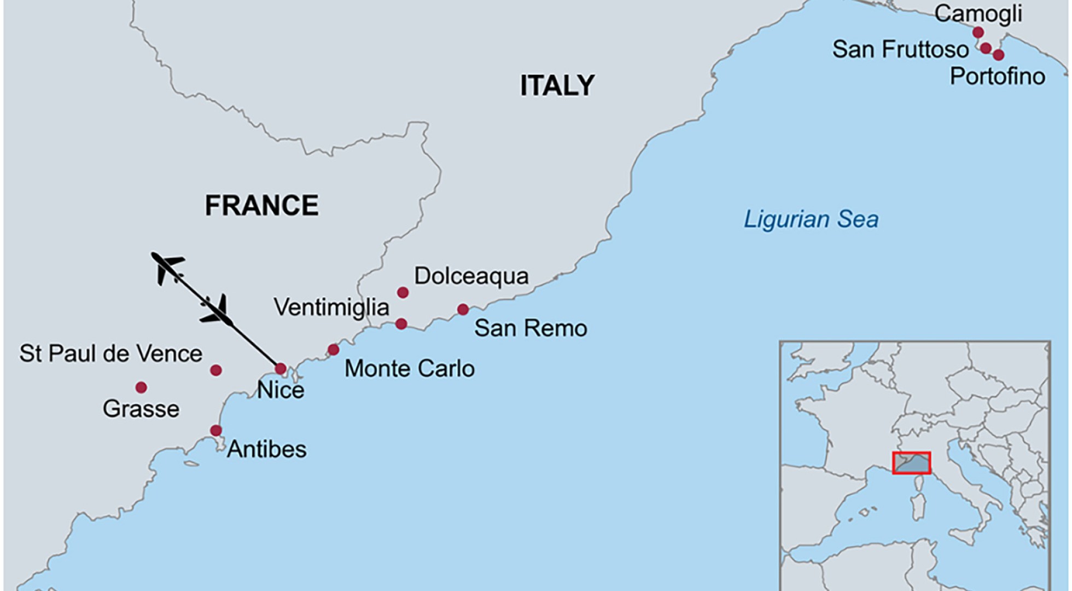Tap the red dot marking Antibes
(x=216, y=430)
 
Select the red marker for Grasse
(x=141, y=387)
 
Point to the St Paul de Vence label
(x=110, y=354)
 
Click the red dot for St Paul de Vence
(x=216, y=370)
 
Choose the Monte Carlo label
(x=409, y=369)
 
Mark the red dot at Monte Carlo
(x=333, y=350)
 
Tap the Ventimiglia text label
(x=331, y=308)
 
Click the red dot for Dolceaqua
(x=403, y=293)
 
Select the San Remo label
(x=530, y=328)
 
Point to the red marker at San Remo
(x=463, y=310)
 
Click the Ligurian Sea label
(x=811, y=219)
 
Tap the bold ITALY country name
(x=557, y=86)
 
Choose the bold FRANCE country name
(x=261, y=206)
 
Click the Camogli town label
(x=978, y=14)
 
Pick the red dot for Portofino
(x=998, y=55)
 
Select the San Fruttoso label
(x=900, y=49)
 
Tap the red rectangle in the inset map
(x=911, y=463)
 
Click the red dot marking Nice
(x=281, y=368)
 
